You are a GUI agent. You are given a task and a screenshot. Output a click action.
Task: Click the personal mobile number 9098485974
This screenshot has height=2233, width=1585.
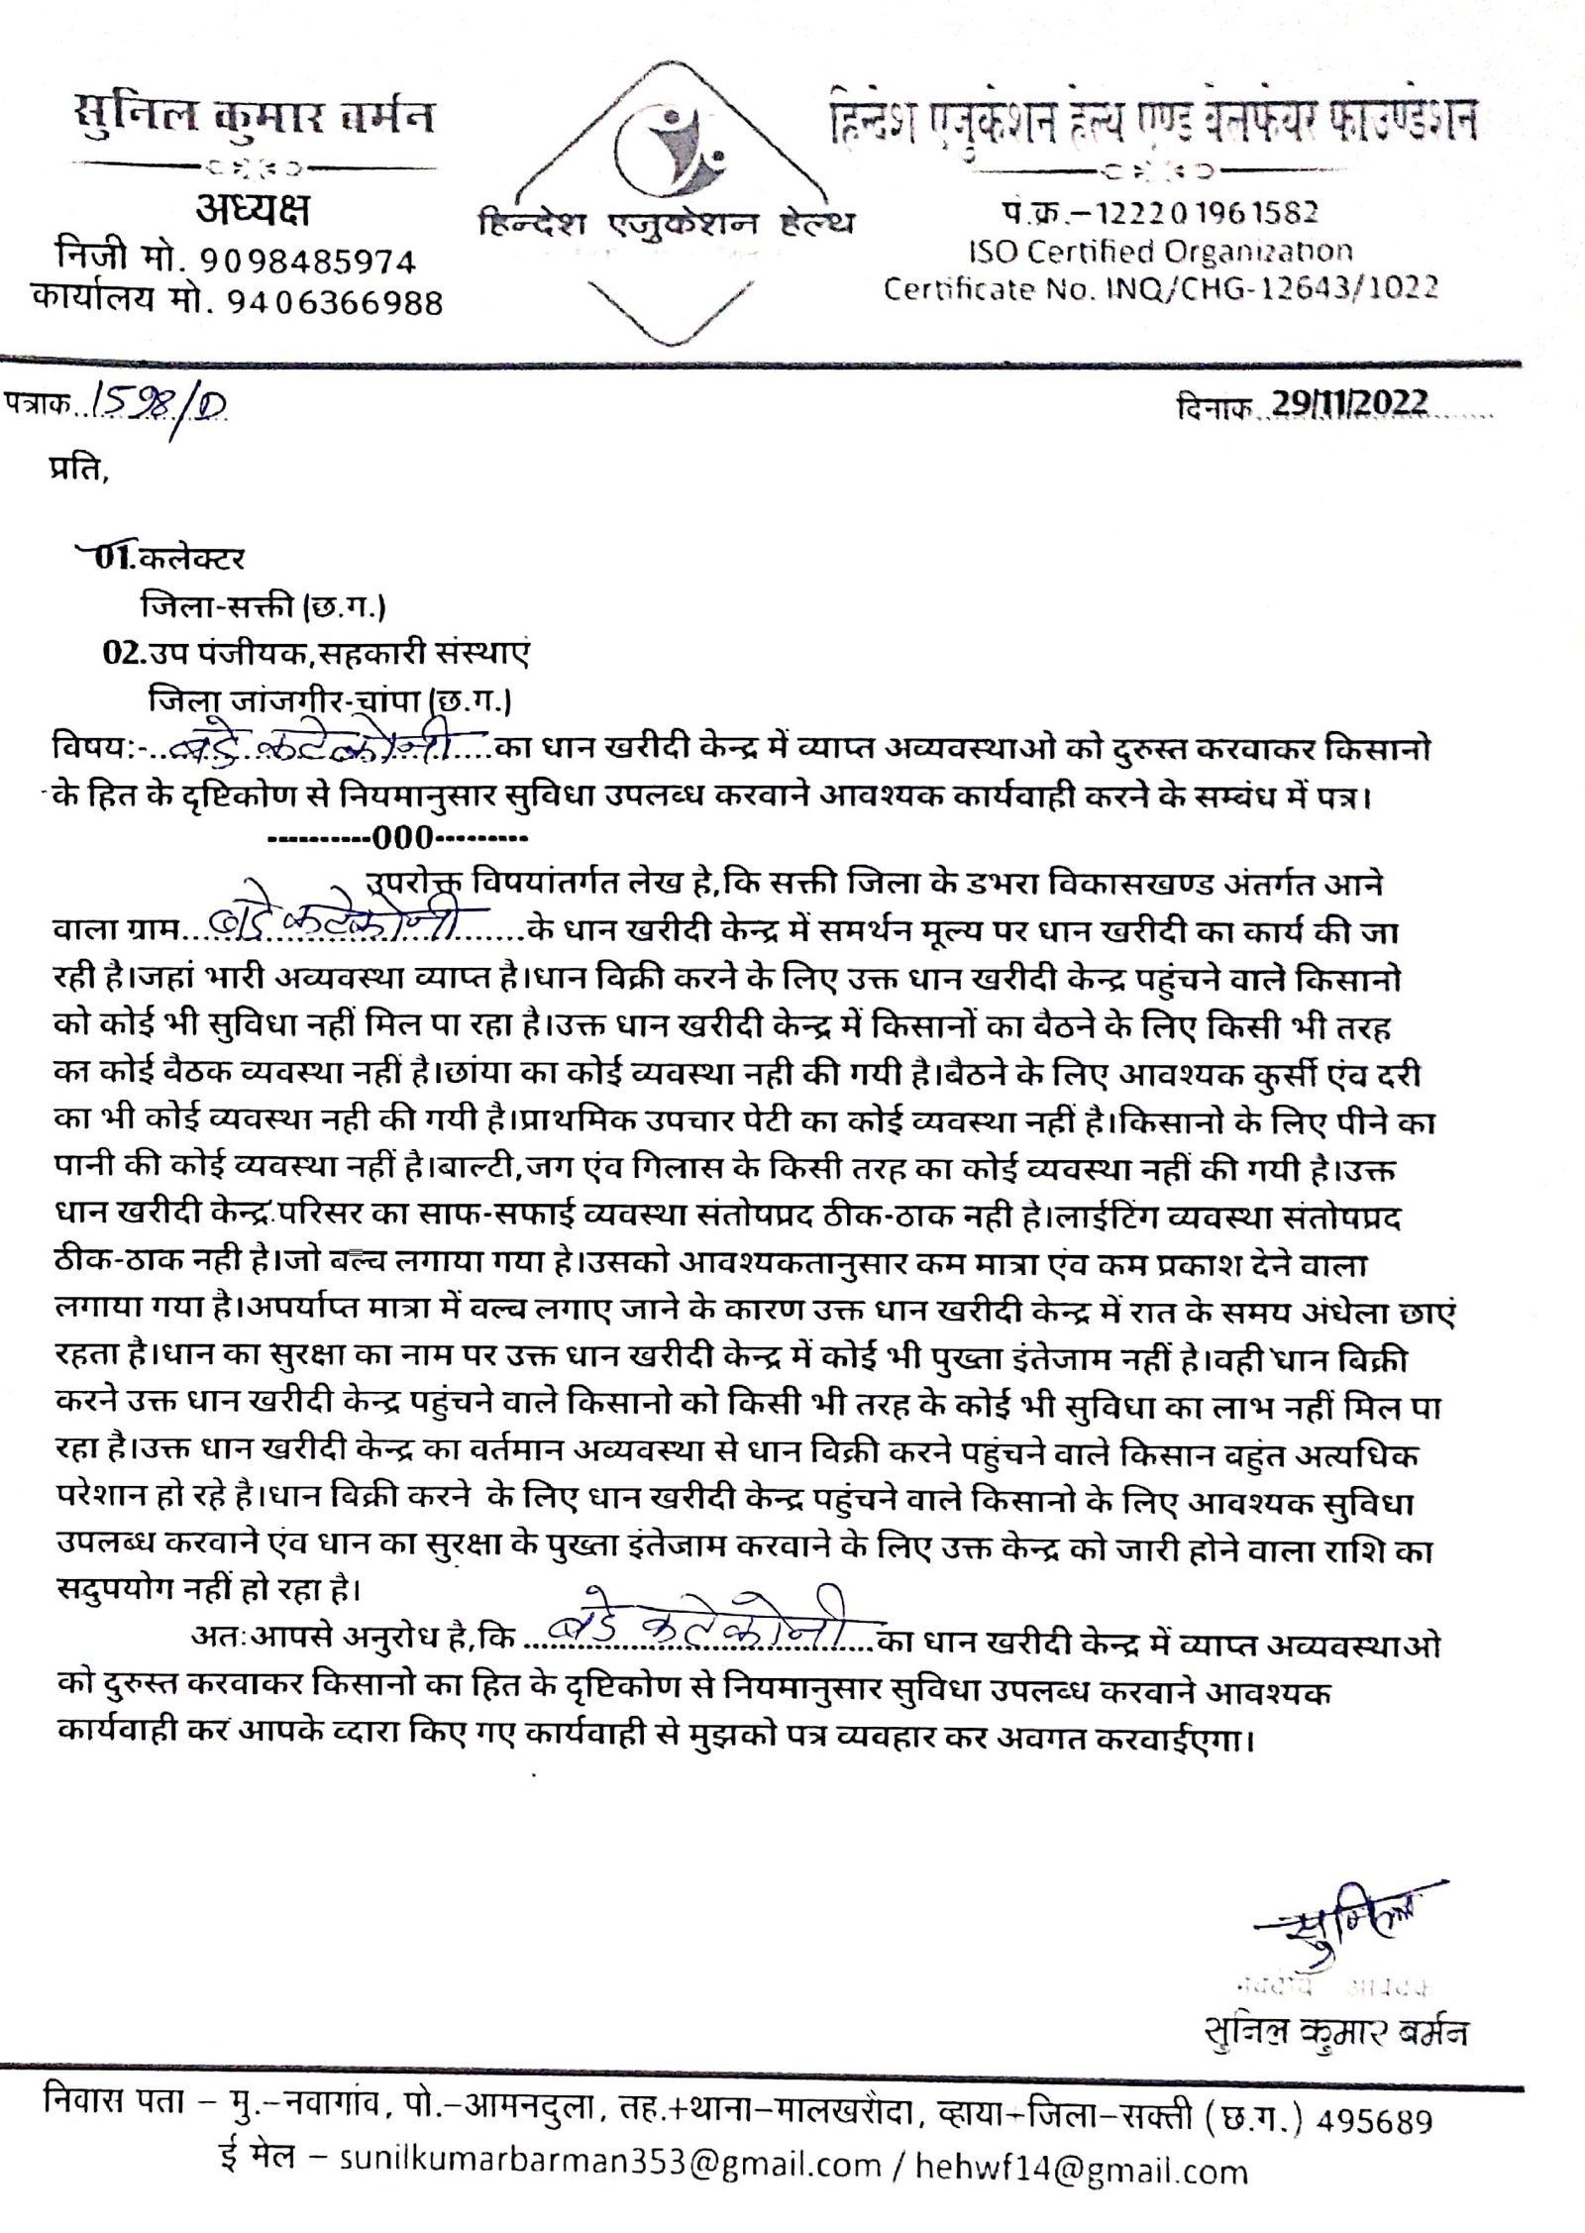coord(308,261)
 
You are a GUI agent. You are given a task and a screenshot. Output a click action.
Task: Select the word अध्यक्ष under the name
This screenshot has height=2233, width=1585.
coord(252,211)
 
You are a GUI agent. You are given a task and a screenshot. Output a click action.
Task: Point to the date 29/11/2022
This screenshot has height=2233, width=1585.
coord(1349,404)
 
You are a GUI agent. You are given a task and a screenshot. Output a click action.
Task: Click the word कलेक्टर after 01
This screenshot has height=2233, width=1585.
coord(192,559)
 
